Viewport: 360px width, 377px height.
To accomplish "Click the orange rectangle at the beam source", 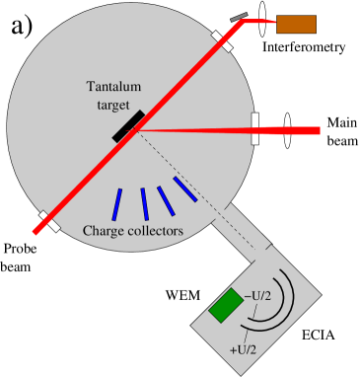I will [296, 24].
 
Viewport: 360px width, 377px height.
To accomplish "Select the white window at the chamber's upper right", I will [222, 40].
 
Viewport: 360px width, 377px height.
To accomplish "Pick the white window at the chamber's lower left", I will [48, 221].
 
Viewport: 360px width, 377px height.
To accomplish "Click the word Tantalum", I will [115, 86].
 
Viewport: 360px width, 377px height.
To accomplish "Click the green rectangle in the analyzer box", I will [226, 304].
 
